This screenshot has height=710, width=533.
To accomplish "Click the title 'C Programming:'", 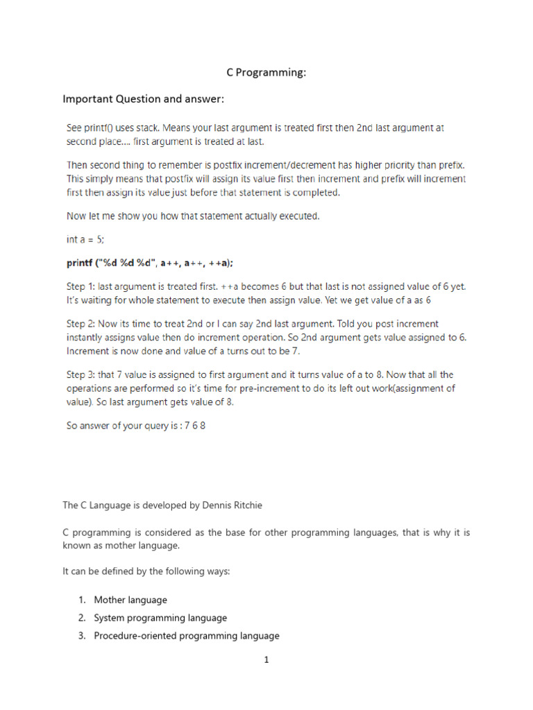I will pyautogui.click(x=266, y=73).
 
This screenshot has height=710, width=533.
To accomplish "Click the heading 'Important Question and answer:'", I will pyautogui.click(x=144, y=99).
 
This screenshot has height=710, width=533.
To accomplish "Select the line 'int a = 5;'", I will pyautogui.click(x=85, y=239).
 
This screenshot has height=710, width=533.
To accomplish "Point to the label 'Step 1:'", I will pyautogui.click(x=81, y=286).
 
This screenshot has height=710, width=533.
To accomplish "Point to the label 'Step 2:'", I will pyautogui.click(x=81, y=324).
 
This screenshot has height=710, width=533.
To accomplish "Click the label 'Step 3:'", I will pyautogui.click(x=81, y=374).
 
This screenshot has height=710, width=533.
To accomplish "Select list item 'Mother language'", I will pyautogui.click(x=130, y=600).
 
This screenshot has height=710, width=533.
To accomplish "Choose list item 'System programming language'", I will pyautogui.click(x=160, y=618).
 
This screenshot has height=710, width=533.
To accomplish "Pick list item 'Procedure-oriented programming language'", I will pyautogui.click(x=187, y=636).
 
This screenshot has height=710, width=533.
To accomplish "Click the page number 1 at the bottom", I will pyautogui.click(x=266, y=660).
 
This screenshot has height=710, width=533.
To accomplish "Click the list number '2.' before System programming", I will pyautogui.click(x=82, y=618).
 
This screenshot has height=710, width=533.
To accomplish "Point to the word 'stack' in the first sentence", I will pyautogui.click(x=151, y=128).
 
